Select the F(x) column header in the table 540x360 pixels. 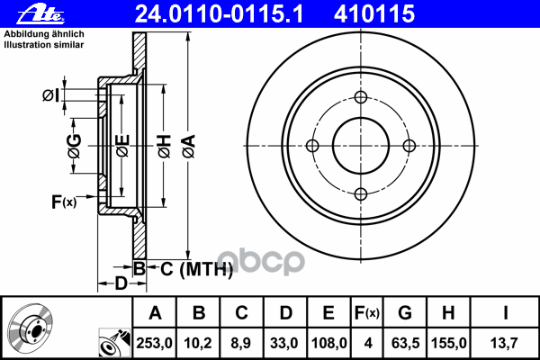367,313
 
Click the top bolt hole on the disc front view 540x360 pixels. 361,99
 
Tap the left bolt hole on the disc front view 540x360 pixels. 313,146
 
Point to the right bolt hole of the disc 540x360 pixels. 409,146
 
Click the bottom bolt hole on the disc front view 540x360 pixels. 361,193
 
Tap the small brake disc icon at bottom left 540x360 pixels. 36,328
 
